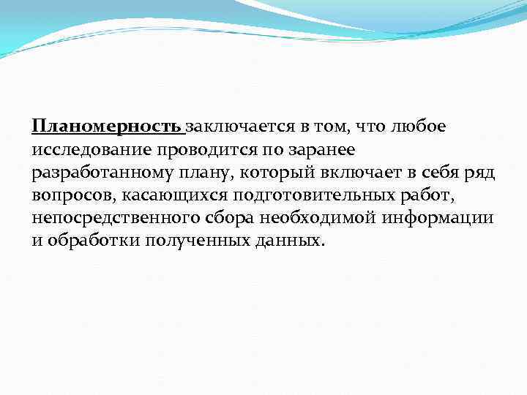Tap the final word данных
pos(289,241)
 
